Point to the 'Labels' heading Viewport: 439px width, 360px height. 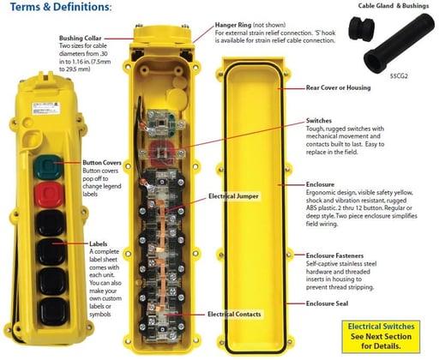[x=100, y=244]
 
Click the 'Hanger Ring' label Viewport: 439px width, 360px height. [x=219, y=25]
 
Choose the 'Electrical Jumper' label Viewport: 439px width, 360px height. [x=236, y=196]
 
